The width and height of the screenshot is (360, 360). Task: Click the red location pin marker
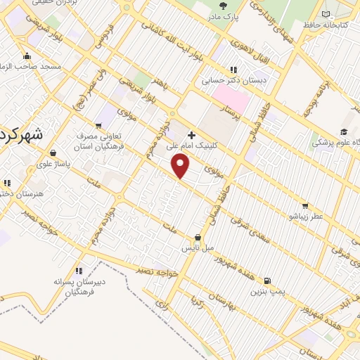click(181, 166)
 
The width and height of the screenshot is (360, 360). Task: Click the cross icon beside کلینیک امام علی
click(191, 134)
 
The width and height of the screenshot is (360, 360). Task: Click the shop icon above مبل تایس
click(198, 238)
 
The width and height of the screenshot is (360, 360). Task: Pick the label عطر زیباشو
click(304, 216)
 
